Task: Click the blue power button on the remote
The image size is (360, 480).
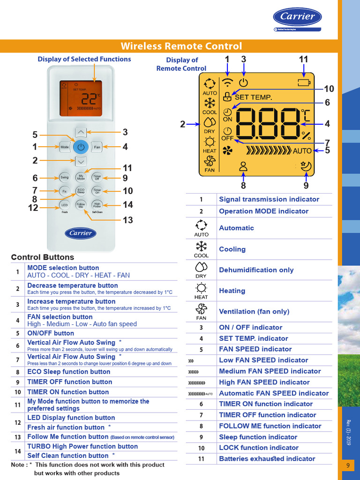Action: click(81, 147)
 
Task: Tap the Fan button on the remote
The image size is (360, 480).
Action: click(97, 147)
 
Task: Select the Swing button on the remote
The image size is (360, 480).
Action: click(64, 177)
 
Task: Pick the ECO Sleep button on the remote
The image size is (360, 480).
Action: click(81, 191)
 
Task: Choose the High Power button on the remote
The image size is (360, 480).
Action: click(97, 204)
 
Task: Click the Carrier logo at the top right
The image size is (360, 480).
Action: click(298, 17)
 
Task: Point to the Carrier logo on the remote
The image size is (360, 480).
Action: click(81, 233)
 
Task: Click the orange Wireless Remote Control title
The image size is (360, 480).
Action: click(181, 46)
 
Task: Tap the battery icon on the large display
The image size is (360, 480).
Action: click(304, 83)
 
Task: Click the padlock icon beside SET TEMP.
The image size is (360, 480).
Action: click(228, 97)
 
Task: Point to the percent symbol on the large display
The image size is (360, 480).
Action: click(306, 136)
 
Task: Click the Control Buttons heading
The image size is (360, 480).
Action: click(43, 257)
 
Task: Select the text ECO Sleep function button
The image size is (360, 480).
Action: click(69, 372)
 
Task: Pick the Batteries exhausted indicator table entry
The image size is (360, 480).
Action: click(267, 458)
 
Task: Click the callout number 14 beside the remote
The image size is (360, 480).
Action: click(128, 204)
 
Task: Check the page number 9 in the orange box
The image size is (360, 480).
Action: click(348, 465)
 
